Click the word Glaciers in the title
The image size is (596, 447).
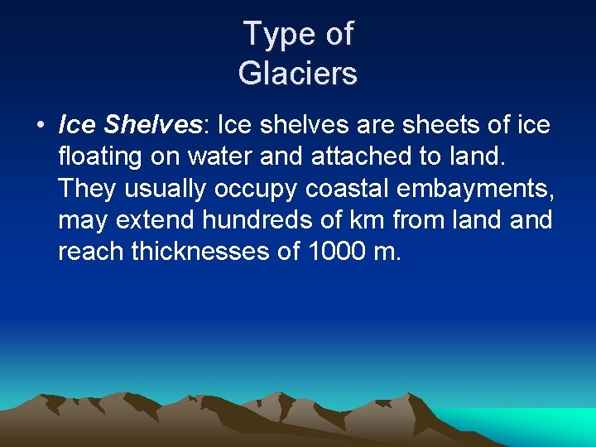coord(298,73)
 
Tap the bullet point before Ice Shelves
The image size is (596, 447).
coord(40,126)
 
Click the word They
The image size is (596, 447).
coord(88,188)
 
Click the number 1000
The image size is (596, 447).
coord(334,251)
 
